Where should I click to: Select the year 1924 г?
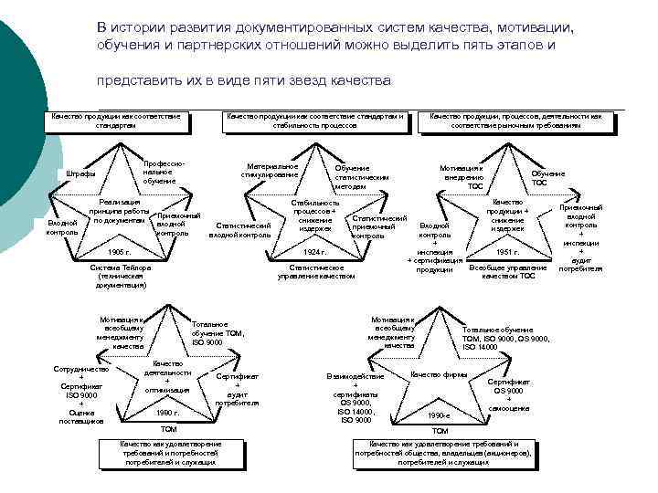click(x=315, y=251)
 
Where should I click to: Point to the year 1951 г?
click(x=507, y=251)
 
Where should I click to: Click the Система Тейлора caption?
click(x=121, y=276)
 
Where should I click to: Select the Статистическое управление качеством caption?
click(x=316, y=271)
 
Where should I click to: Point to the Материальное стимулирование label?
click(x=270, y=171)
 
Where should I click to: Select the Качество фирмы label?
click(x=440, y=375)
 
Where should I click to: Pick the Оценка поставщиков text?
click(x=81, y=416)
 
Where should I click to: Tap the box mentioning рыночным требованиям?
click(x=515, y=121)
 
